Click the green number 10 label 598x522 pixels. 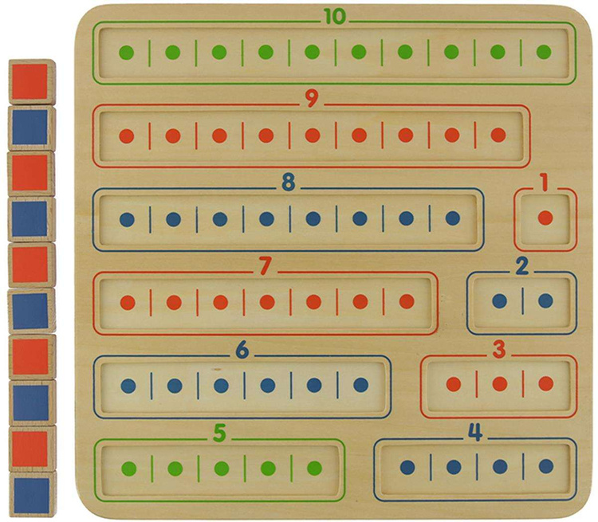point(335,17)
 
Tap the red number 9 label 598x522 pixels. point(312,100)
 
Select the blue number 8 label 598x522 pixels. point(288,183)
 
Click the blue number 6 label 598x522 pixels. point(242,351)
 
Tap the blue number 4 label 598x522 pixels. point(475,434)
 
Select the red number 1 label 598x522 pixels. point(545,183)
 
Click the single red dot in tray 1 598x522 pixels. point(545,218)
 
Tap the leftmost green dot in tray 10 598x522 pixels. point(126,53)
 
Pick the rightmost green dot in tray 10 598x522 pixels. point(544,53)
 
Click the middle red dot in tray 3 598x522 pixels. point(500,384)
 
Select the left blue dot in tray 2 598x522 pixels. point(500,301)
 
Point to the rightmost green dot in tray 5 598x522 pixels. point(314,468)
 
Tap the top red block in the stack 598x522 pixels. point(31,80)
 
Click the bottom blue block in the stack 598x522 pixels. point(31,494)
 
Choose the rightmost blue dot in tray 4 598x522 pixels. point(546,467)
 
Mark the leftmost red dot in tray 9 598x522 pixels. point(126,135)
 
